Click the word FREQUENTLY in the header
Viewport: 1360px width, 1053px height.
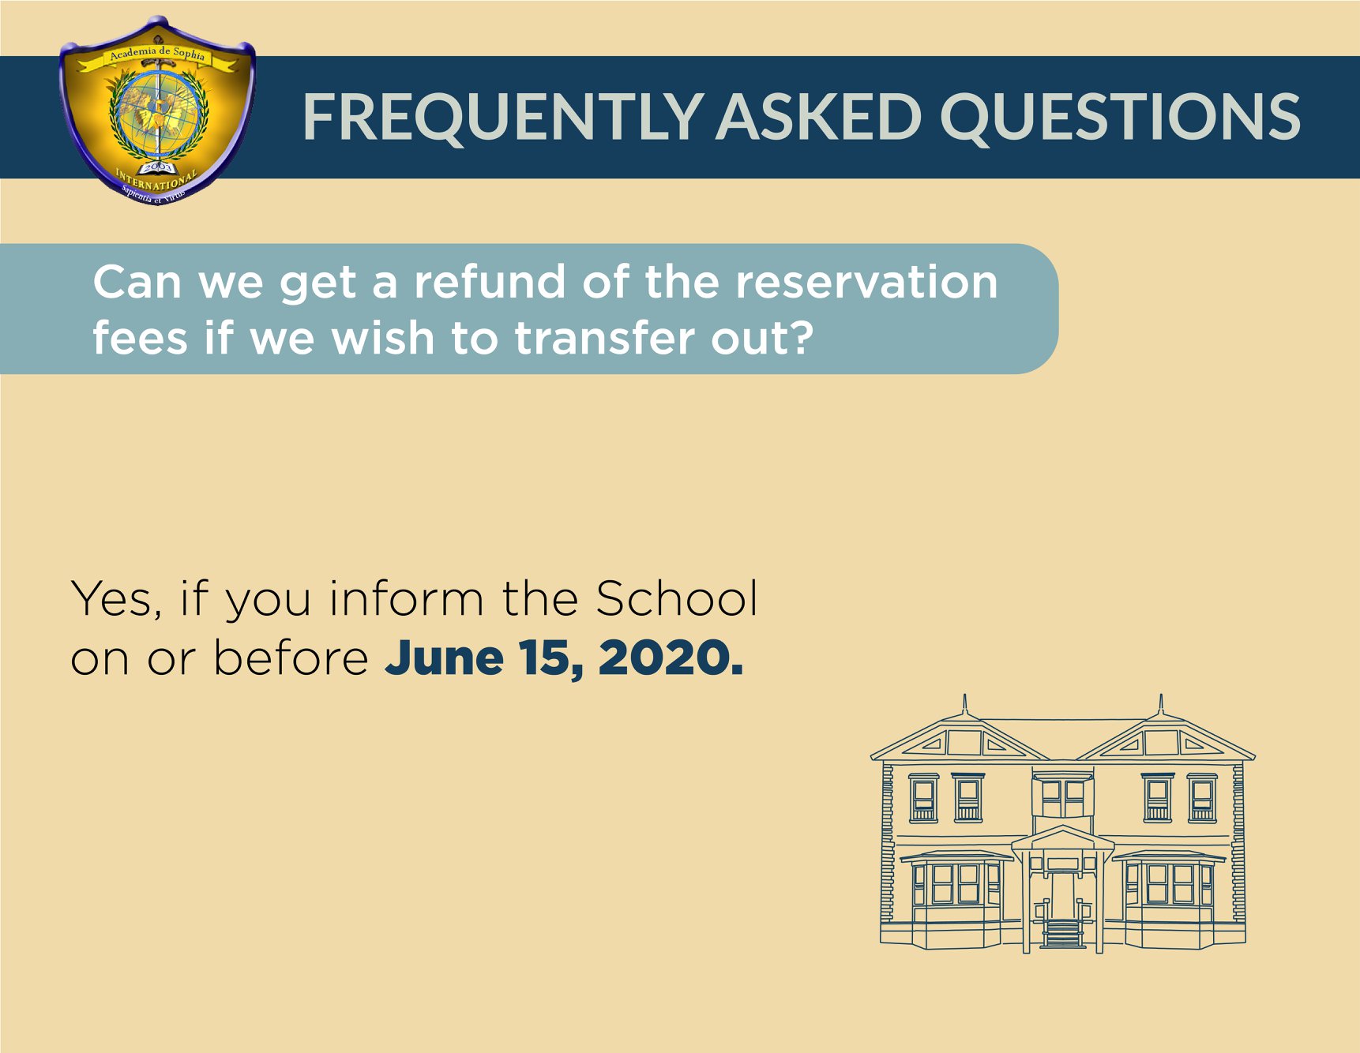[x=502, y=117]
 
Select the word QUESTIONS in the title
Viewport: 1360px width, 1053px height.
[x=1120, y=117]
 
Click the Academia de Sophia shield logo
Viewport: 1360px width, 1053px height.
[x=157, y=111]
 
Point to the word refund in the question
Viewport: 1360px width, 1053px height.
[x=490, y=282]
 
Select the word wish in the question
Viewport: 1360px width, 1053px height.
[x=382, y=338]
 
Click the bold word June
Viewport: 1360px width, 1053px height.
[x=444, y=658]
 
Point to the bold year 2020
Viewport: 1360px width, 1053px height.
[x=671, y=658]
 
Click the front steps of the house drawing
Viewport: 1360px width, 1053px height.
[x=1062, y=933]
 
